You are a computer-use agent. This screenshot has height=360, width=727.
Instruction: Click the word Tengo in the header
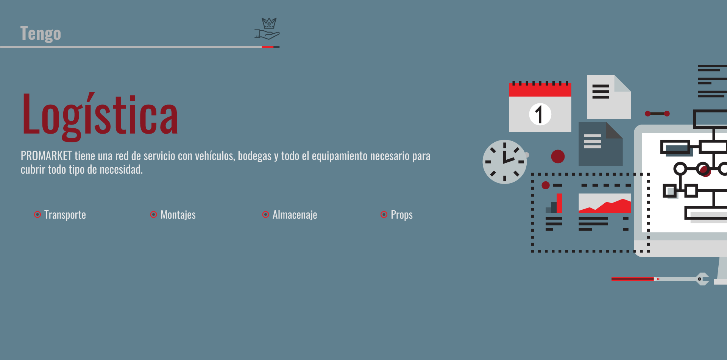41,34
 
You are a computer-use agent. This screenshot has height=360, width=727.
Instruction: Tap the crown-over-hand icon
267,29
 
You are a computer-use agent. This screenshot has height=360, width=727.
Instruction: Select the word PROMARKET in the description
46,156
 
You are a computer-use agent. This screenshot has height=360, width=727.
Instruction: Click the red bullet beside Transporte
37,215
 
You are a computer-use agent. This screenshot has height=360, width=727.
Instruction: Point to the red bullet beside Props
384,215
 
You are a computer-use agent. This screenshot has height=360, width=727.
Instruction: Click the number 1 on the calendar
540,114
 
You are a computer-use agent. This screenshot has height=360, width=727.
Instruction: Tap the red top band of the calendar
540,90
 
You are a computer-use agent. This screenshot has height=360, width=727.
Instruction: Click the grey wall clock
505,162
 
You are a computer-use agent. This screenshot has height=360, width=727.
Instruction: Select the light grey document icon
609,97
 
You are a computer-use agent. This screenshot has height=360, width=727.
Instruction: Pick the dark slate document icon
601,144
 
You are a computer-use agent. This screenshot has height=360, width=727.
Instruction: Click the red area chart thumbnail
605,203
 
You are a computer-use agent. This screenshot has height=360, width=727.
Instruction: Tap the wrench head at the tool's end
703,279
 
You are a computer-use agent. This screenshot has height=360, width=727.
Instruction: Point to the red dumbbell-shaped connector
657,114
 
